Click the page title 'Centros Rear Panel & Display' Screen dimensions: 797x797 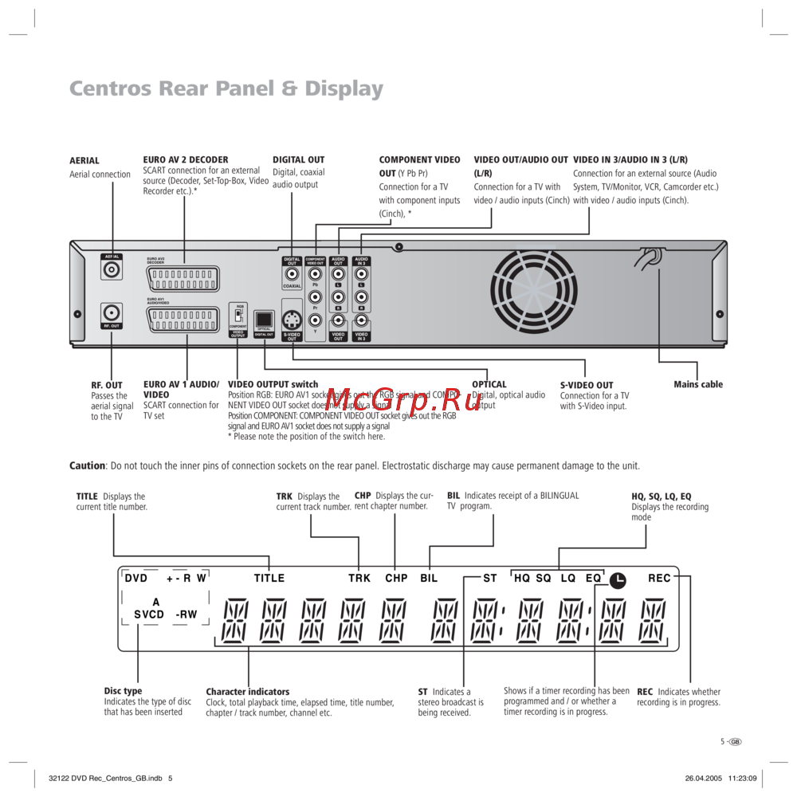(x=226, y=88)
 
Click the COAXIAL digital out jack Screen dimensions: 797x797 (x=292, y=274)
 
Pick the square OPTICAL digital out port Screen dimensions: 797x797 (x=264, y=318)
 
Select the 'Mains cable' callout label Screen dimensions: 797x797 (x=698, y=384)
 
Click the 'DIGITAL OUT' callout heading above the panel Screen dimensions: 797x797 (x=299, y=159)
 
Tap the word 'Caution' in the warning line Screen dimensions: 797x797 (x=87, y=465)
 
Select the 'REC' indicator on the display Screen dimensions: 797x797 (x=659, y=578)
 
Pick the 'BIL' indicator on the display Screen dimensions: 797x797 (x=429, y=578)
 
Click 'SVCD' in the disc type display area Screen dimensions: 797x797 (x=149, y=614)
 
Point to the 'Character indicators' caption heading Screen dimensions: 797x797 (x=248, y=692)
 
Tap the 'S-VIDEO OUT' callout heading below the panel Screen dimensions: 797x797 (x=587, y=385)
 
